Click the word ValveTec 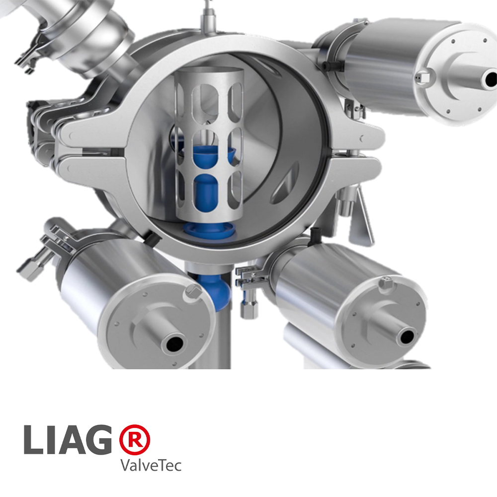click(151, 465)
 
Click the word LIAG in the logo click(68, 440)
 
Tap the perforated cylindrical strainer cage click(209, 144)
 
